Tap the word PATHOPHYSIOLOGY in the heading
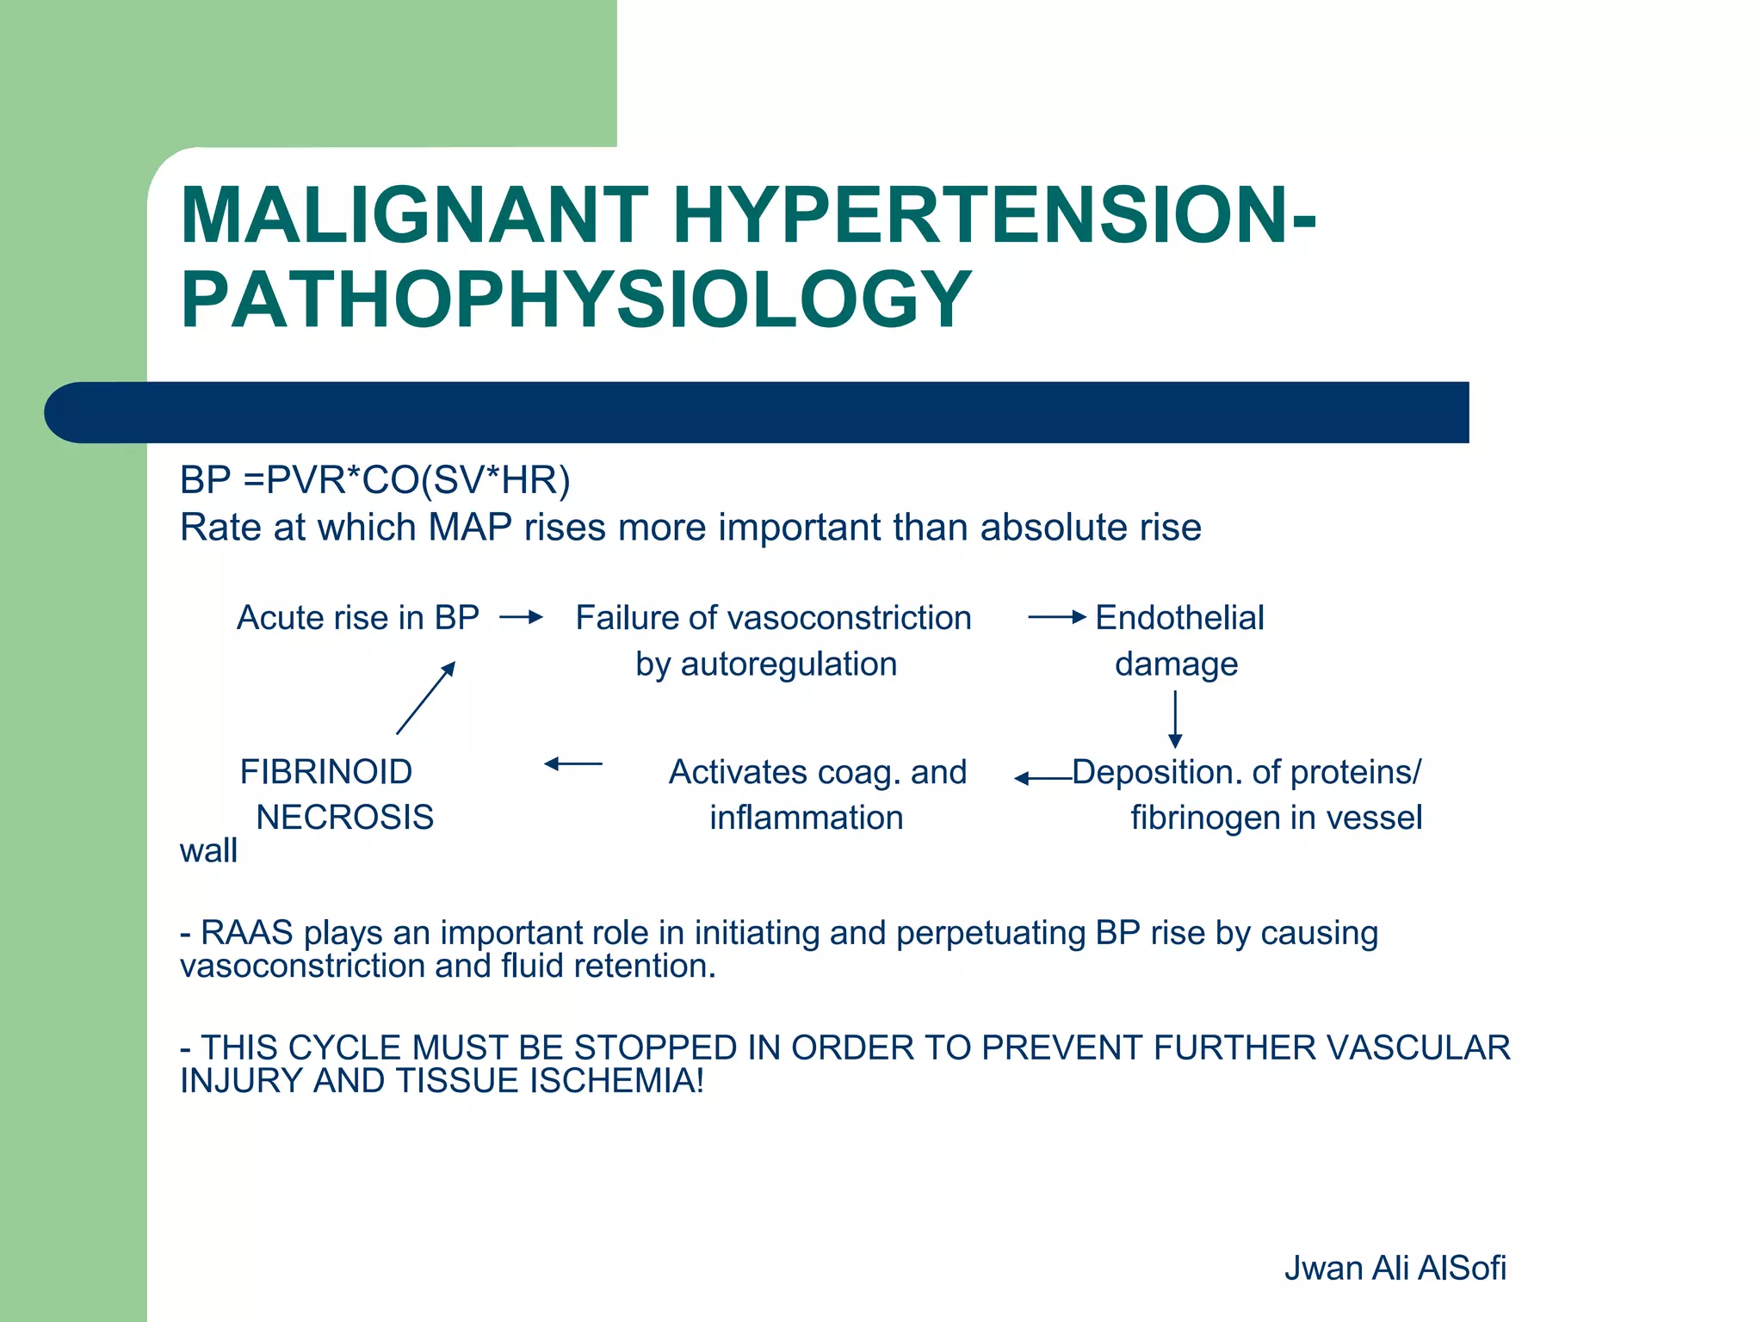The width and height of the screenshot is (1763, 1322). click(576, 300)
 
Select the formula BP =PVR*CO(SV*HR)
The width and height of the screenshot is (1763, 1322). click(374, 480)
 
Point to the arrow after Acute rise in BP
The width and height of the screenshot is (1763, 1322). click(522, 617)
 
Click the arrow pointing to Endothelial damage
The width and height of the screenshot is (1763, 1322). click(1057, 617)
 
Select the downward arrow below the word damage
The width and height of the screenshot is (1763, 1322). click(1175, 720)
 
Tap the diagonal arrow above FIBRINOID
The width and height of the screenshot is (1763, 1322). click(426, 697)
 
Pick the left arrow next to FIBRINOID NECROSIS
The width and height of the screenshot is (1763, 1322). click(573, 763)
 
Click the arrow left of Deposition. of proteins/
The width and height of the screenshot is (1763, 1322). click(1042, 779)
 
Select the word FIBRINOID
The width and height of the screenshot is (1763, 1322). click(326, 772)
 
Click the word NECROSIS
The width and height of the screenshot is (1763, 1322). click(345, 818)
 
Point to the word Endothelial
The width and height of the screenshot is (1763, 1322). click(1179, 618)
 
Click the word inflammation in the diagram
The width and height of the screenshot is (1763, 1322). click(807, 818)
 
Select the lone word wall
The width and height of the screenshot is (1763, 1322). click(208, 851)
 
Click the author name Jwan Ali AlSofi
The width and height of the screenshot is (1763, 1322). click(1395, 1269)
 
